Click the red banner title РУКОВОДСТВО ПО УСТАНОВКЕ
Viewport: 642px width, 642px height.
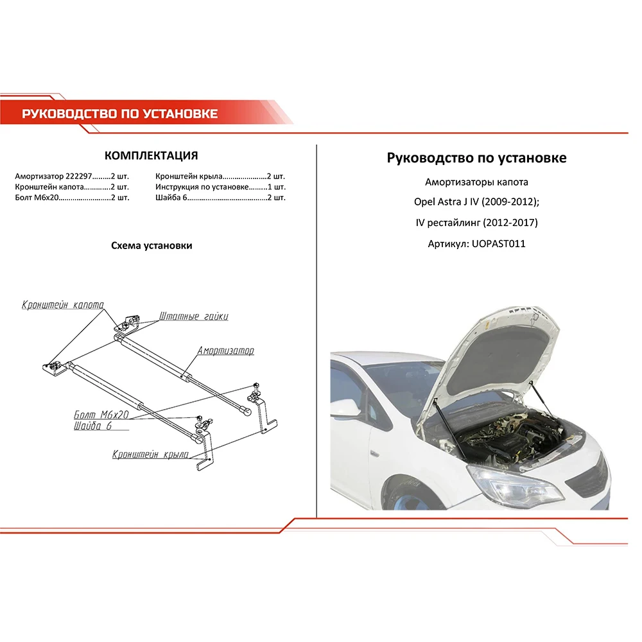click(x=120, y=114)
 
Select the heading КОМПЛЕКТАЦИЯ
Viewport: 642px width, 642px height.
click(x=151, y=156)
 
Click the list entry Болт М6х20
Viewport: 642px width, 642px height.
click(x=37, y=198)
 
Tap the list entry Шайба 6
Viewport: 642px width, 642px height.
click(x=171, y=198)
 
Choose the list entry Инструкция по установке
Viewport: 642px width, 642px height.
click(x=202, y=187)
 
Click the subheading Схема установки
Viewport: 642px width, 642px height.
click(x=152, y=246)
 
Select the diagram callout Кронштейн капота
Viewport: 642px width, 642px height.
click(x=62, y=304)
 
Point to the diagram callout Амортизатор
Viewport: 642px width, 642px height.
click(x=225, y=351)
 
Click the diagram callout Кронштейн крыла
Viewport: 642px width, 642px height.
click(x=150, y=455)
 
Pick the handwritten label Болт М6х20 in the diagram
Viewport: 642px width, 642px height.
click(x=102, y=415)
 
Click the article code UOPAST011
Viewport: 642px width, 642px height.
click(x=498, y=244)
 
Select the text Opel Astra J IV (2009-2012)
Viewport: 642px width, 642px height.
click(x=476, y=202)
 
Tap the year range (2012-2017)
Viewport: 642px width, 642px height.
click(x=510, y=223)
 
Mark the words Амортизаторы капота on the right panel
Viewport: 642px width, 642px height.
click(x=476, y=182)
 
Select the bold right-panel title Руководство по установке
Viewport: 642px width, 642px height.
click(x=476, y=158)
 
